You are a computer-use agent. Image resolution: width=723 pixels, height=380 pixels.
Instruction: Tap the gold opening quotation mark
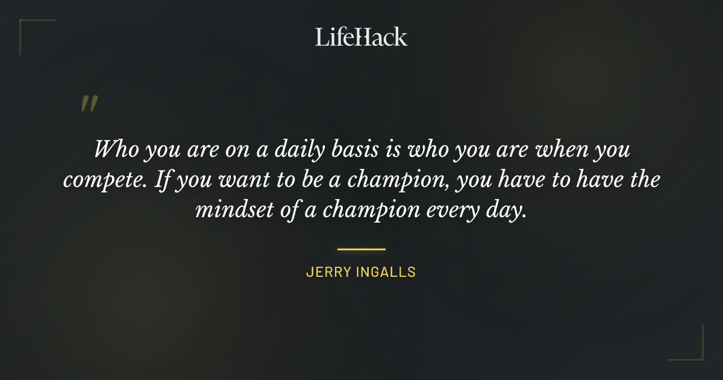[x=89, y=104]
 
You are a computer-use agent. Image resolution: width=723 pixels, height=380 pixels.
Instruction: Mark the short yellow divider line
[x=361, y=249]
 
